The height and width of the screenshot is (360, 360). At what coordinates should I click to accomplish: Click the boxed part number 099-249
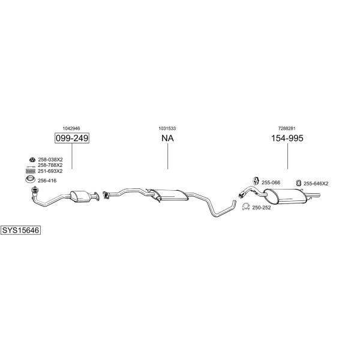tap(72, 138)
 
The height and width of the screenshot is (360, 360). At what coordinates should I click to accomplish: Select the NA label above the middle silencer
tap(167, 138)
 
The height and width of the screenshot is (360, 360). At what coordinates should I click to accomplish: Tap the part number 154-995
tap(287, 138)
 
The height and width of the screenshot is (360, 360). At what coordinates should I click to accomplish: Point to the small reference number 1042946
tap(71, 128)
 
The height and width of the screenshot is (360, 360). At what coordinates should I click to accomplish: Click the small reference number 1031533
tap(167, 128)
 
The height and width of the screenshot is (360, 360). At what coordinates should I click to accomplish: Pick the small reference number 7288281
tap(287, 128)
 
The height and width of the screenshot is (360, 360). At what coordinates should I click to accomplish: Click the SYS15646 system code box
tap(20, 230)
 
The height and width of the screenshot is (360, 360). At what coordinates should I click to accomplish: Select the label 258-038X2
tap(50, 160)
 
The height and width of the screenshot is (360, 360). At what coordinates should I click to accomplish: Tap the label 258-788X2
tap(50, 165)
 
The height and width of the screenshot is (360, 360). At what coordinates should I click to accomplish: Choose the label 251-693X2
tap(50, 171)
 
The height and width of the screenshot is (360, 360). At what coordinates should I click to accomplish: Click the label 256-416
tap(47, 181)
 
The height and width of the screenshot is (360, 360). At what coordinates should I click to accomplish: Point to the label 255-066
tap(271, 182)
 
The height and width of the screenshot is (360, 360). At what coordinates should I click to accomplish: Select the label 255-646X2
tap(316, 184)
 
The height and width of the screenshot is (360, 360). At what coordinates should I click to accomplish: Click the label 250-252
tap(262, 208)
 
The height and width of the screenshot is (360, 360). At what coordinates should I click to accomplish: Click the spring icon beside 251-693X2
tap(31, 171)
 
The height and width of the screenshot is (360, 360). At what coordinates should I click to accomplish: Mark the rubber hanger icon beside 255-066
tap(256, 181)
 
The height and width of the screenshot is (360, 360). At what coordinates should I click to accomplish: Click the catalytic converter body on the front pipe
tap(80, 197)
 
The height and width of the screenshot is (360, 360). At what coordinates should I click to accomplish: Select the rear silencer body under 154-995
tap(285, 197)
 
